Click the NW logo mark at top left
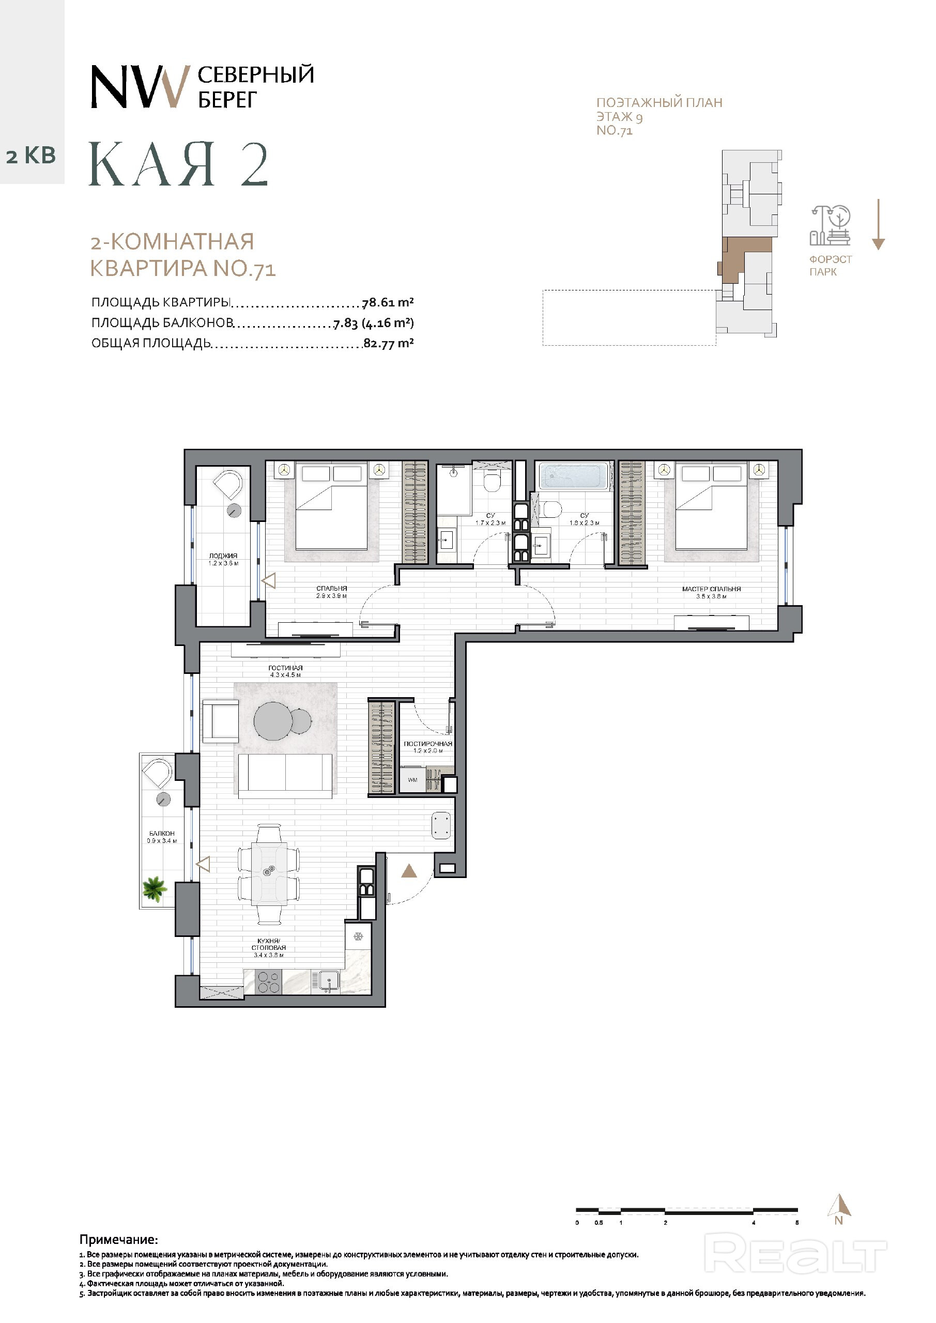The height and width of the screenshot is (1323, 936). [x=140, y=86]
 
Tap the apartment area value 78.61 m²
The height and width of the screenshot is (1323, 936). [x=388, y=302]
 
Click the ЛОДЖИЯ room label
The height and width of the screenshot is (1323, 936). [x=223, y=556]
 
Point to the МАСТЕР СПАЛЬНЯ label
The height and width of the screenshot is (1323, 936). [x=711, y=589]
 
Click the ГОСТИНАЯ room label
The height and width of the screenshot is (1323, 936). [x=285, y=668]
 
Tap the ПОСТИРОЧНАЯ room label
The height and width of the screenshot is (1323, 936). [x=427, y=744]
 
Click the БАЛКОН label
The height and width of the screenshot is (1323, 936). [x=162, y=833]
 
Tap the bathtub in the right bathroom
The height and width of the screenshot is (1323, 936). [x=576, y=476]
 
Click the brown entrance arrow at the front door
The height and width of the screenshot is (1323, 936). [x=409, y=871]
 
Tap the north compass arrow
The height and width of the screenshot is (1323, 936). [x=840, y=1204]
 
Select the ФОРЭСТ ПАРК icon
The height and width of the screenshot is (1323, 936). [x=831, y=225]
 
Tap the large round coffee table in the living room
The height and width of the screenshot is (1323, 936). [x=274, y=720]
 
